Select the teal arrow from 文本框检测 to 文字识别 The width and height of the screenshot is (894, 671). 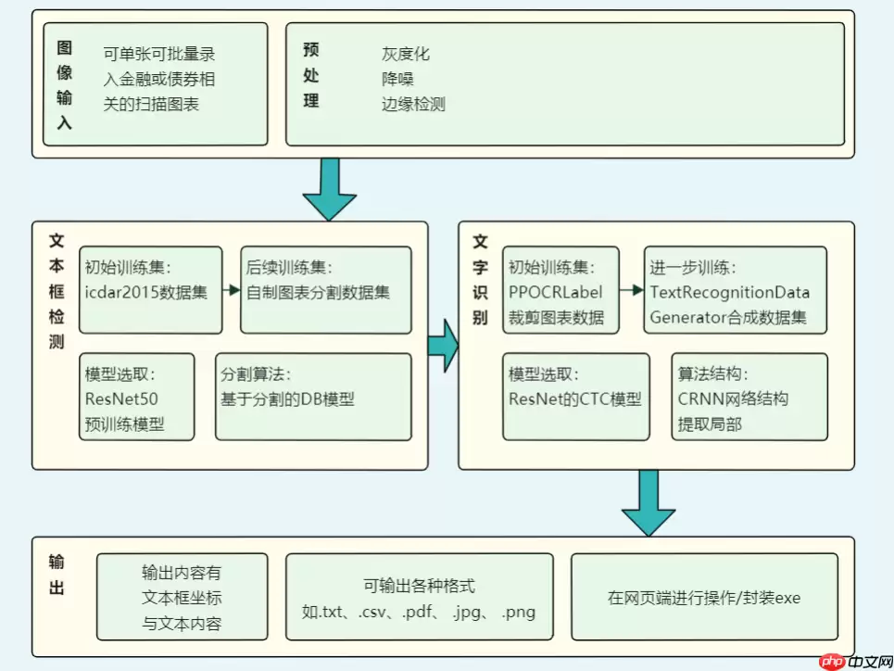[x=443, y=345]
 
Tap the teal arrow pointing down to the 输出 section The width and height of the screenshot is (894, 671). [x=648, y=501]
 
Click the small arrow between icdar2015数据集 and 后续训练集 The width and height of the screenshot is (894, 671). [x=231, y=290]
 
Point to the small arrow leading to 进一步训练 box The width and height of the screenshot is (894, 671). [x=632, y=290]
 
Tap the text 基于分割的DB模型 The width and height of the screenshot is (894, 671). [x=287, y=400]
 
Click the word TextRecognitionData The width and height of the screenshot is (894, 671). [x=730, y=293]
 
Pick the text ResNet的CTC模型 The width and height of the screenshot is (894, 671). [x=574, y=400]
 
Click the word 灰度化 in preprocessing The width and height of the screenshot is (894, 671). [x=406, y=55]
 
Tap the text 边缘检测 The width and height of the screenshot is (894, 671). [x=413, y=105]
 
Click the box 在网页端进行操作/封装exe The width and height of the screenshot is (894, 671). [x=704, y=598]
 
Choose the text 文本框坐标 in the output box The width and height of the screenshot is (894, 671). [x=182, y=599]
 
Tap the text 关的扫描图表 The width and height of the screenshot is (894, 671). [x=151, y=105]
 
